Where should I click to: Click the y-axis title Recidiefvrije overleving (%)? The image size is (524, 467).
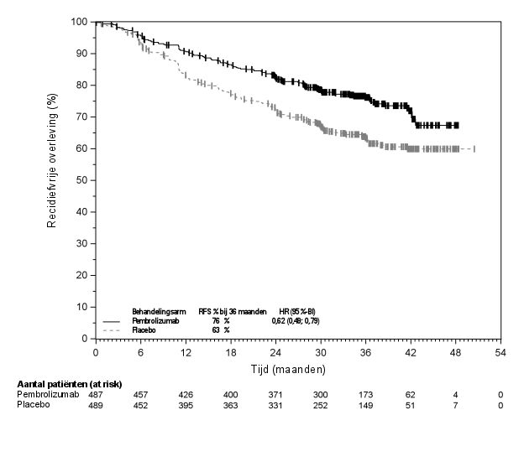pyautogui.click(x=52, y=179)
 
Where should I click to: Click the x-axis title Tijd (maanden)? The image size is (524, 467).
pyautogui.click(x=297, y=369)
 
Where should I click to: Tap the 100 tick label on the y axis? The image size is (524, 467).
pyautogui.click(x=81, y=21)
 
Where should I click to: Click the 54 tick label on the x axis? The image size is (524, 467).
pyautogui.click(x=500, y=353)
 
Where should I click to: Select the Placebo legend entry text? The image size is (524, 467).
pyautogui.click(x=144, y=330)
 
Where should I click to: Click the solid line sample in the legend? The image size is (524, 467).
pyautogui.click(x=111, y=322)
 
